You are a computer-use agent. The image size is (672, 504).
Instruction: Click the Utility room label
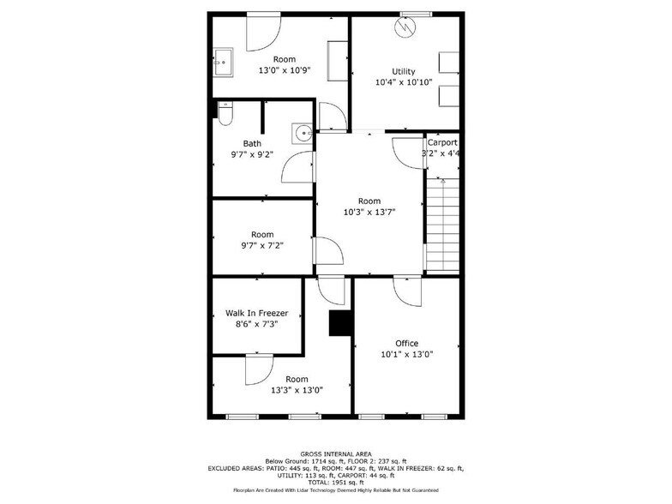point(404,71)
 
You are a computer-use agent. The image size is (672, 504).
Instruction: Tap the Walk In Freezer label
point(256,313)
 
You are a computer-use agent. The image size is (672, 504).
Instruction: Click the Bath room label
point(252,143)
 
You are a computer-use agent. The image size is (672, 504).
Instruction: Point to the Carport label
point(442,142)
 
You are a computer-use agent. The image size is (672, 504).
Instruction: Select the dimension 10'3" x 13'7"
point(369,213)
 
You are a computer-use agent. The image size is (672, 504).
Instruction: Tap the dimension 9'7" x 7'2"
point(262,245)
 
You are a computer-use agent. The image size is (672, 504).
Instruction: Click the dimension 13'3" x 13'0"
point(297,390)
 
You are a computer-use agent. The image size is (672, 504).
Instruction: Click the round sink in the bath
point(302,135)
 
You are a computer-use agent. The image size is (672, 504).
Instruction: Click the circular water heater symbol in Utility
point(404,27)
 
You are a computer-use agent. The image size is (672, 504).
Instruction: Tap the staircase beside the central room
point(442,223)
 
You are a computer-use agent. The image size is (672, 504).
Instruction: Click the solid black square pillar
point(340,323)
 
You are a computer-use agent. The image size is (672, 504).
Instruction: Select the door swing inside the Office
point(406,292)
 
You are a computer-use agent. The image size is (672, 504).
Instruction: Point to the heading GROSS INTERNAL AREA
point(335,453)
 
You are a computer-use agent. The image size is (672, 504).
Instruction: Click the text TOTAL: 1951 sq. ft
point(335,483)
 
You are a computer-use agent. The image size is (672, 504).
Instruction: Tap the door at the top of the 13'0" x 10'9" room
point(262,30)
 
